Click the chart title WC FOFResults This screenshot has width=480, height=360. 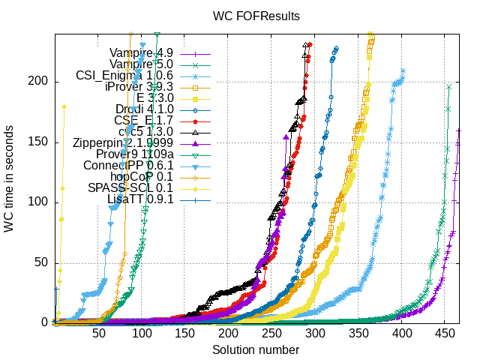[256, 15]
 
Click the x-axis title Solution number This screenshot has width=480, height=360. [256, 350]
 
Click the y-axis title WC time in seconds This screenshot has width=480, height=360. [9, 178]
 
